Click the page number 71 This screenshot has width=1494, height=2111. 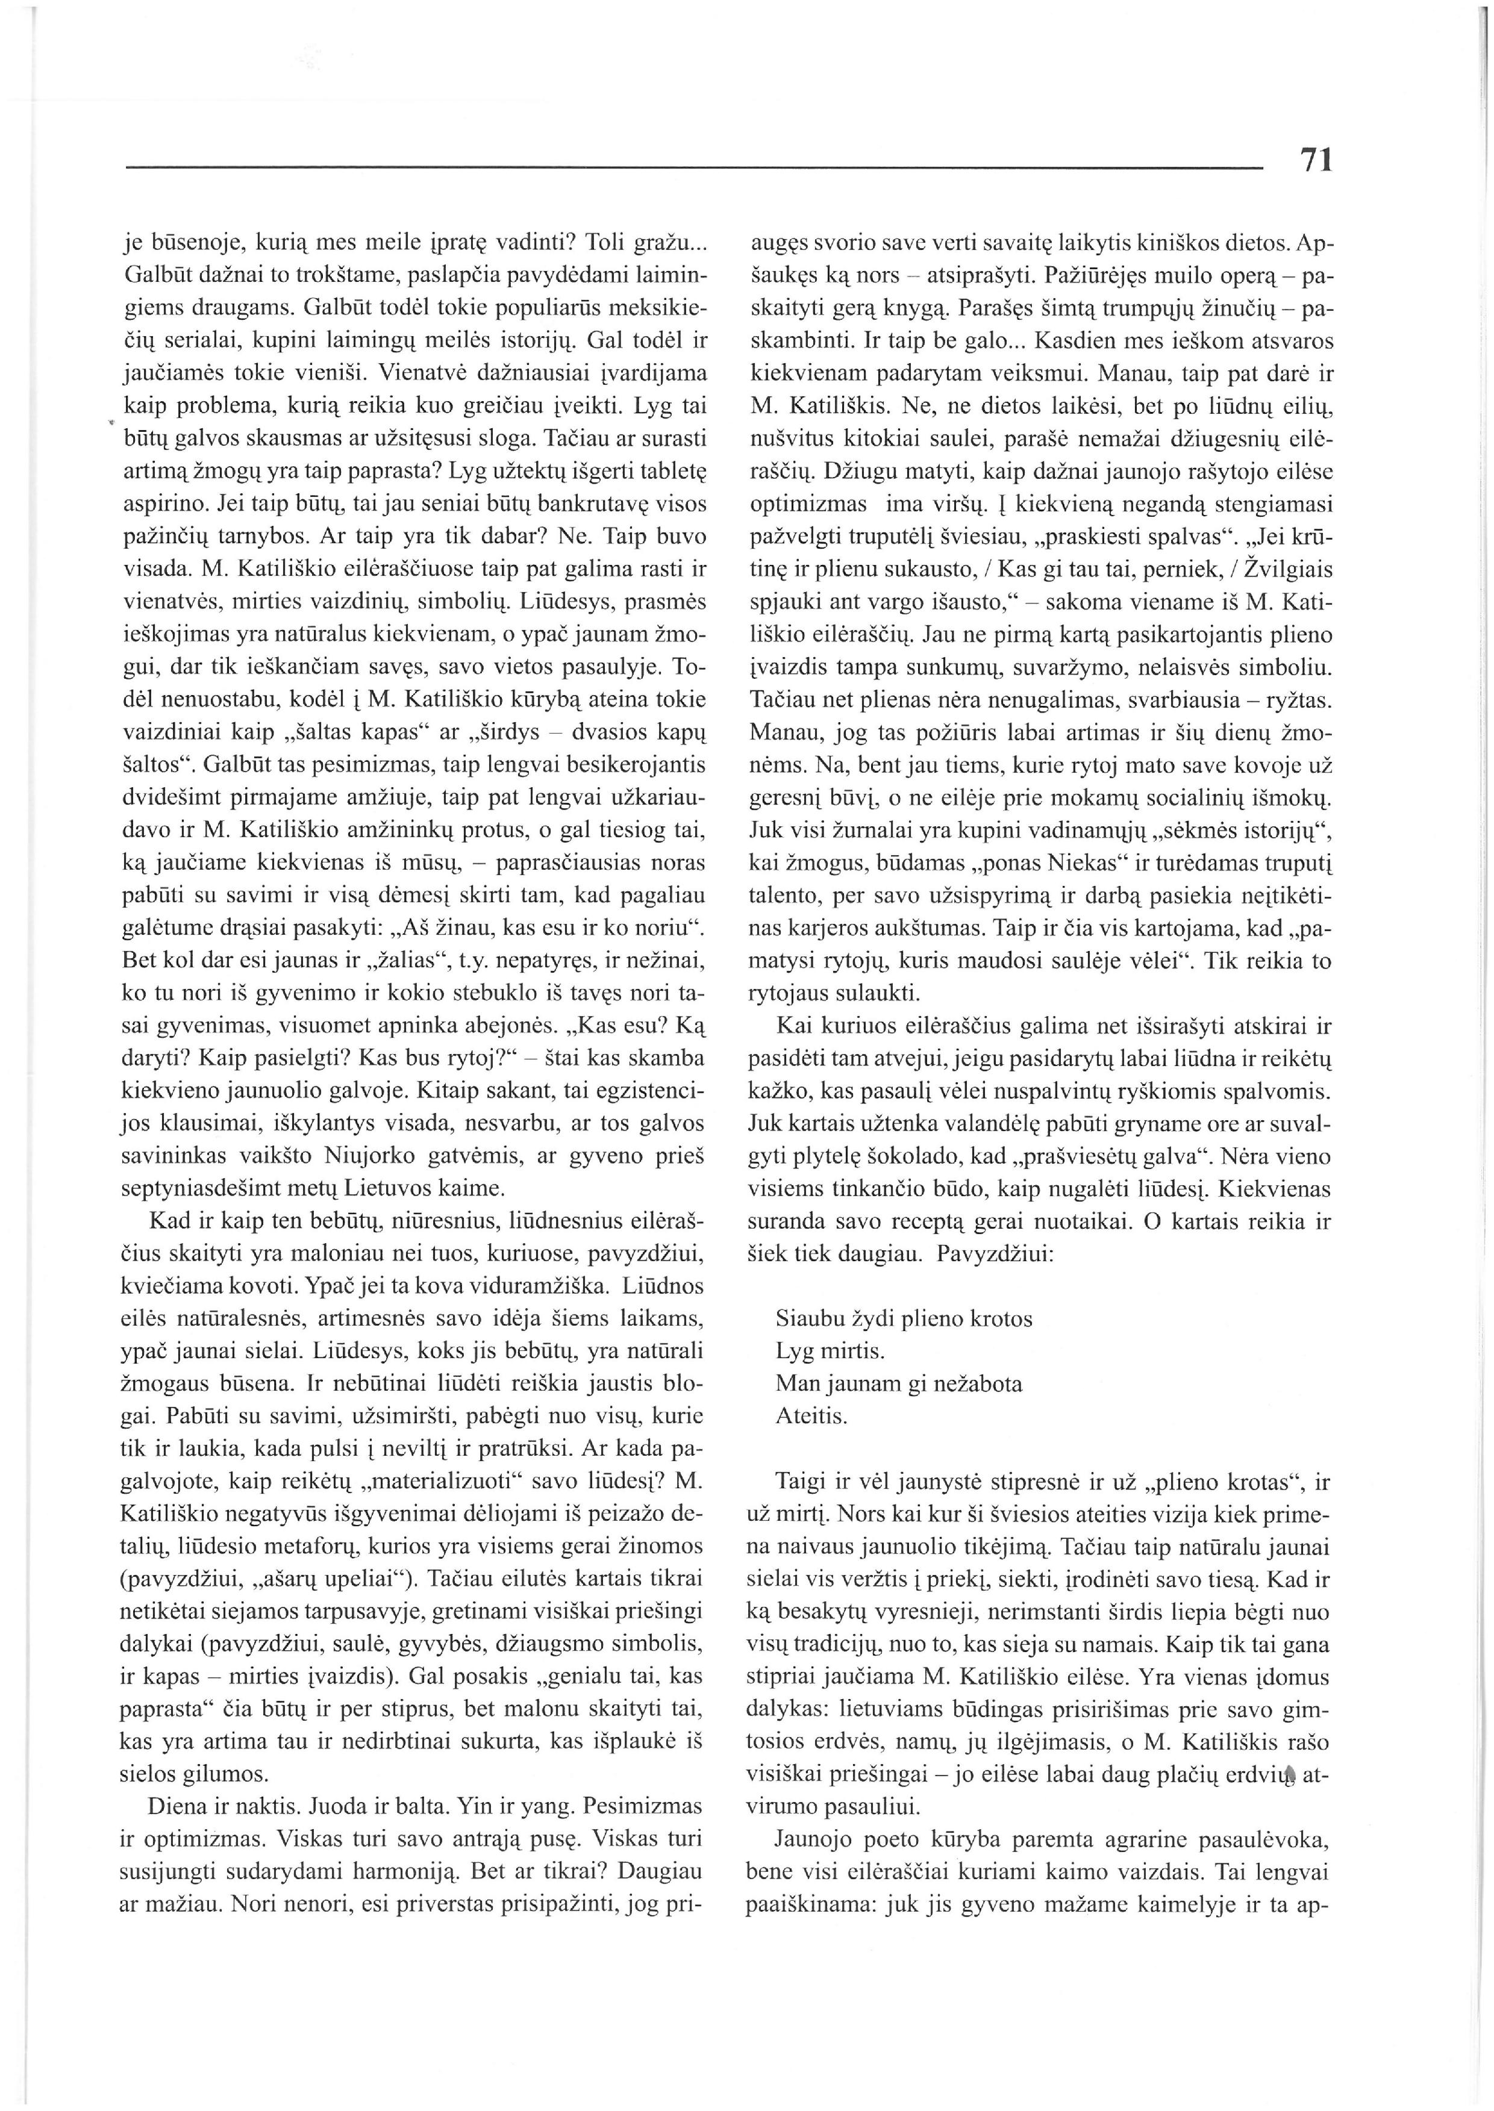point(1316,161)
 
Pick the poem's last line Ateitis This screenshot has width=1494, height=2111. point(811,1415)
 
